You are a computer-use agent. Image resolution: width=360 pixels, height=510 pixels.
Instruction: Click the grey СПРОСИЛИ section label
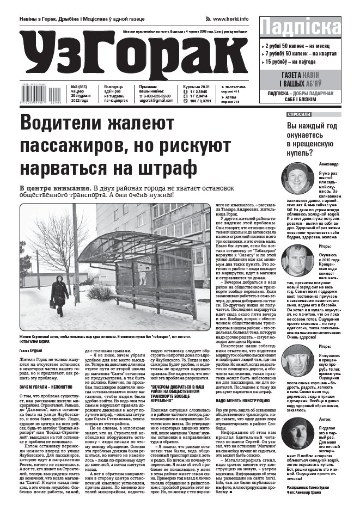click(x=299, y=115)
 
